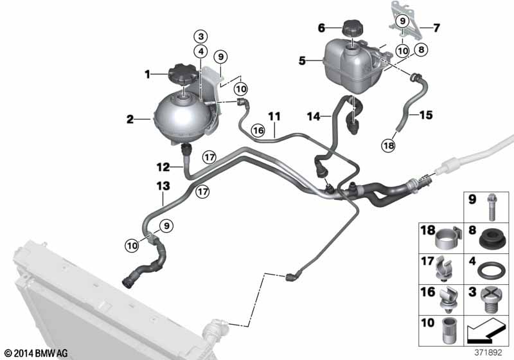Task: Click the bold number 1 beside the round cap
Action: pos(148,75)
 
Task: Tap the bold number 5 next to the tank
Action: pos(302,60)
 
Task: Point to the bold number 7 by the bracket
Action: pos(436,28)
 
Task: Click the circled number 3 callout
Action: pos(201,37)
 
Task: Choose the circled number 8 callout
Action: pos(421,50)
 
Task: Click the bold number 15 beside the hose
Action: pos(426,115)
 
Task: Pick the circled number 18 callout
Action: pos(389,145)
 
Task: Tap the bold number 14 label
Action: pos(314,116)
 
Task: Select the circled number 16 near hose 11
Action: pos(258,130)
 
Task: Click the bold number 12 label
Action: pos(163,167)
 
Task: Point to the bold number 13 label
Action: pos(163,186)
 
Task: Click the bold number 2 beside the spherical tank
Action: pos(130,119)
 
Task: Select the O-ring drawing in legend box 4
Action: pos(488,270)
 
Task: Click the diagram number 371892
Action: pos(488,353)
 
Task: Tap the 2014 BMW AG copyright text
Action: pos(36,353)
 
